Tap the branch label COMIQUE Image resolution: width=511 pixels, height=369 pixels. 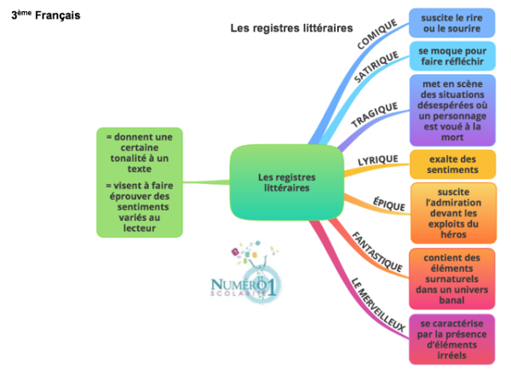[377, 34]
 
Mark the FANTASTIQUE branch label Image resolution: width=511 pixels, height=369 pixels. [377, 248]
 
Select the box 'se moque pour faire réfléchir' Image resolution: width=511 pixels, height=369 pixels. [451, 57]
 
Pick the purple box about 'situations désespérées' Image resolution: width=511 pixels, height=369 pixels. [451, 110]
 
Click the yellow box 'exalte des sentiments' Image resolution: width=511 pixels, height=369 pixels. [451, 164]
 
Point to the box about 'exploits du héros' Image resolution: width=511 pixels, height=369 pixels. [451, 212]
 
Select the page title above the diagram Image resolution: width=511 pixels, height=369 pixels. [291, 28]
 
